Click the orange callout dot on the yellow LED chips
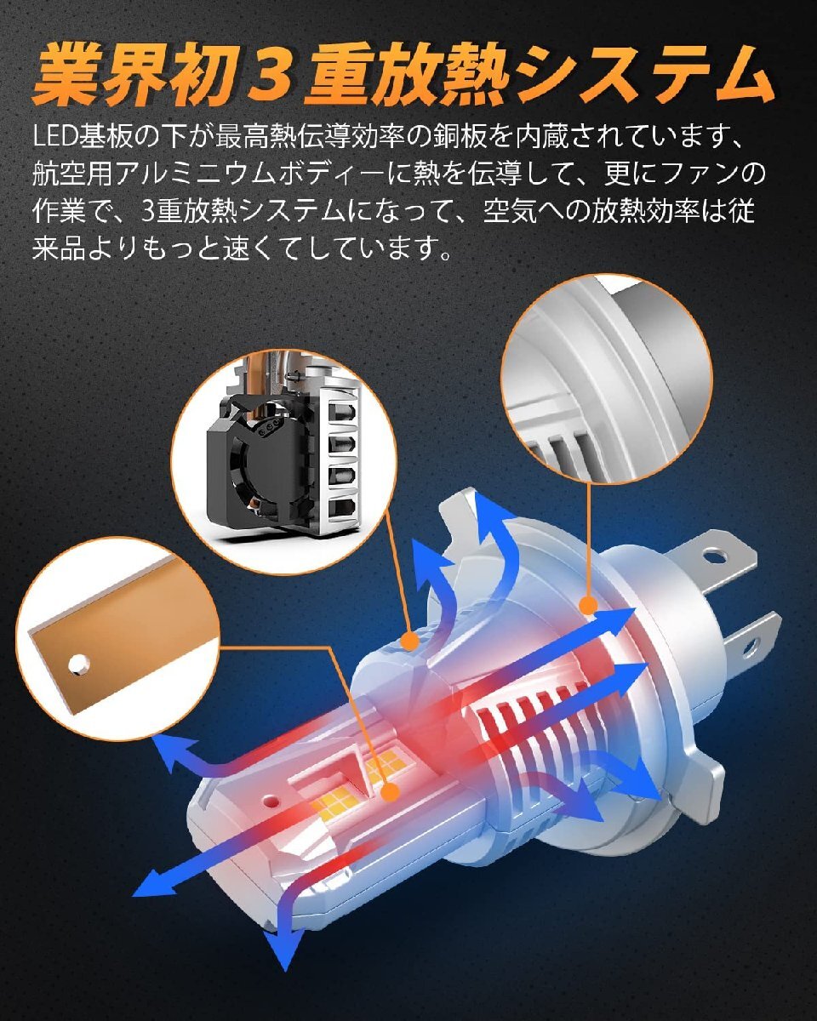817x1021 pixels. (x=390, y=792)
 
